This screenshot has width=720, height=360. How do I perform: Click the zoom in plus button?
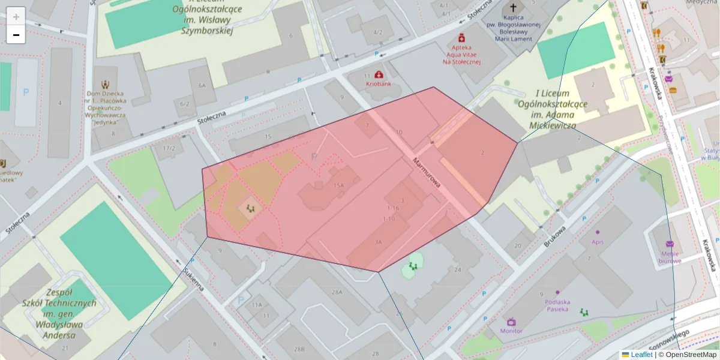[x=16, y=17]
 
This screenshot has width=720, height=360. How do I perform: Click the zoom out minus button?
[x=16, y=35]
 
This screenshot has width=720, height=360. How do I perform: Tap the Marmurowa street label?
[x=427, y=173]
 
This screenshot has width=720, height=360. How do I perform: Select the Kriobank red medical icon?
[x=379, y=74]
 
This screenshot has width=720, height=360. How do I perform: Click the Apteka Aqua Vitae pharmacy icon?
[x=461, y=37]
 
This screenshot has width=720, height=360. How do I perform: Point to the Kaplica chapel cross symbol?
[x=513, y=8]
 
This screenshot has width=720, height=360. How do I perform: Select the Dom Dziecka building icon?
[x=106, y=85]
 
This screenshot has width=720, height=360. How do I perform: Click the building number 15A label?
[x=338, y=185]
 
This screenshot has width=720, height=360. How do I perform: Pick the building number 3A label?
[x=377, y=242]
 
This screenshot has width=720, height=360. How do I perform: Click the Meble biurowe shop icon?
[x=670, y=244]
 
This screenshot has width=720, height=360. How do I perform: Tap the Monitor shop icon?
[x=511, y=322]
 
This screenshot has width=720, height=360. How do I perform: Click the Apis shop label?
[x=597, y=242]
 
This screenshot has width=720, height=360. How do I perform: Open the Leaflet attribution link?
[x=641, y=355]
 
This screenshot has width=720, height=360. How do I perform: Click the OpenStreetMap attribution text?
[x=691, y=355]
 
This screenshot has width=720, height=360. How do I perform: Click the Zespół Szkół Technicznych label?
[x=59, y=314]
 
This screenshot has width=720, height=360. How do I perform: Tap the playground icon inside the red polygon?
[x=250, y=208]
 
